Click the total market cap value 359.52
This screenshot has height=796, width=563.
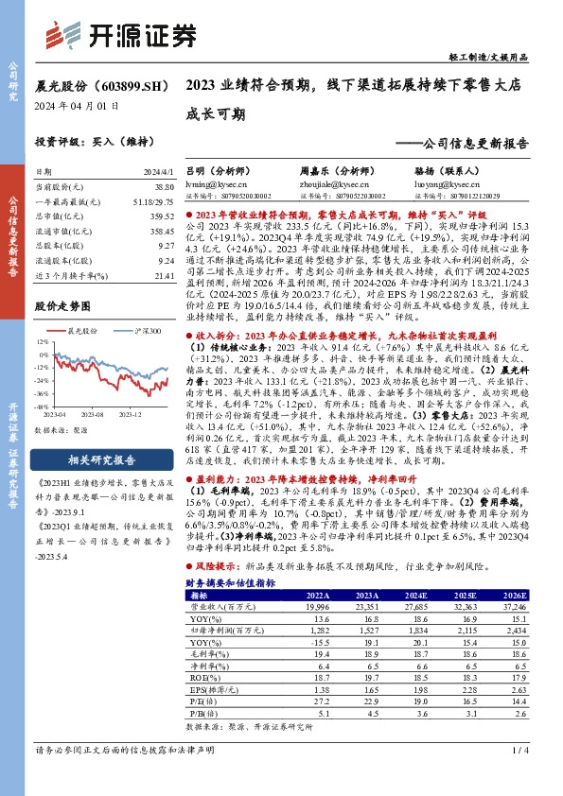pos(161,216)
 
